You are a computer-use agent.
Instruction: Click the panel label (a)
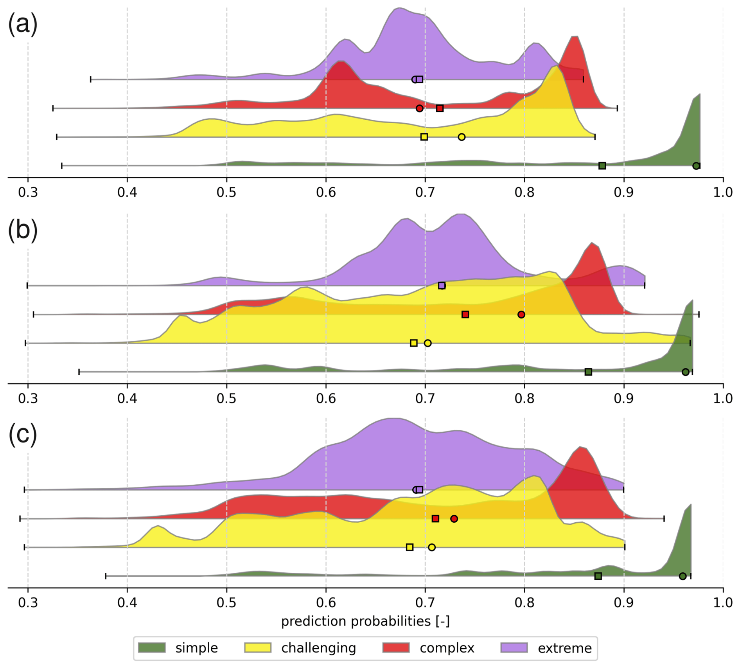point(23,24)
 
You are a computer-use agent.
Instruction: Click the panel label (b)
point(23,230)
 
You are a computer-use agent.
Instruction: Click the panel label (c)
point(23,435)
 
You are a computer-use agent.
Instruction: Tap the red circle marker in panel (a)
point(419,108)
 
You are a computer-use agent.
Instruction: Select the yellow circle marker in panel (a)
point(462,137)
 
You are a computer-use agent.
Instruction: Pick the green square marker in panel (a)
point(602,166)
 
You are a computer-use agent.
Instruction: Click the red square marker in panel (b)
point(465,315)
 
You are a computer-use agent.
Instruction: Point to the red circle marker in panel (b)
point(521,315)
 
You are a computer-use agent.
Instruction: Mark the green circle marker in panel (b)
point(685,372)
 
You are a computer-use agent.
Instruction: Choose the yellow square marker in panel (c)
point(410,547)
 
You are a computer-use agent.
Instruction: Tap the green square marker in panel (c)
point(598,576)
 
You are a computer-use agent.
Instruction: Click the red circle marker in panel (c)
point(454,519)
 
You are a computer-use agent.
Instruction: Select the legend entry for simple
point(196,648)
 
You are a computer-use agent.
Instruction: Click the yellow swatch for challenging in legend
point(258,648)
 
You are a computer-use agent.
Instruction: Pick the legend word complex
point(447,648)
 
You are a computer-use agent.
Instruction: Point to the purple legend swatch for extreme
point(514,648)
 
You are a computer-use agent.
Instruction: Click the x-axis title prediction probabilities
point(365,621)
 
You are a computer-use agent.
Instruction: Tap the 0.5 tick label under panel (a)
point(226,192)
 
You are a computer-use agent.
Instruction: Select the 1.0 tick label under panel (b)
point(723,399)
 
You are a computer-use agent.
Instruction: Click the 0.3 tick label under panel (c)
point(28,602)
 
